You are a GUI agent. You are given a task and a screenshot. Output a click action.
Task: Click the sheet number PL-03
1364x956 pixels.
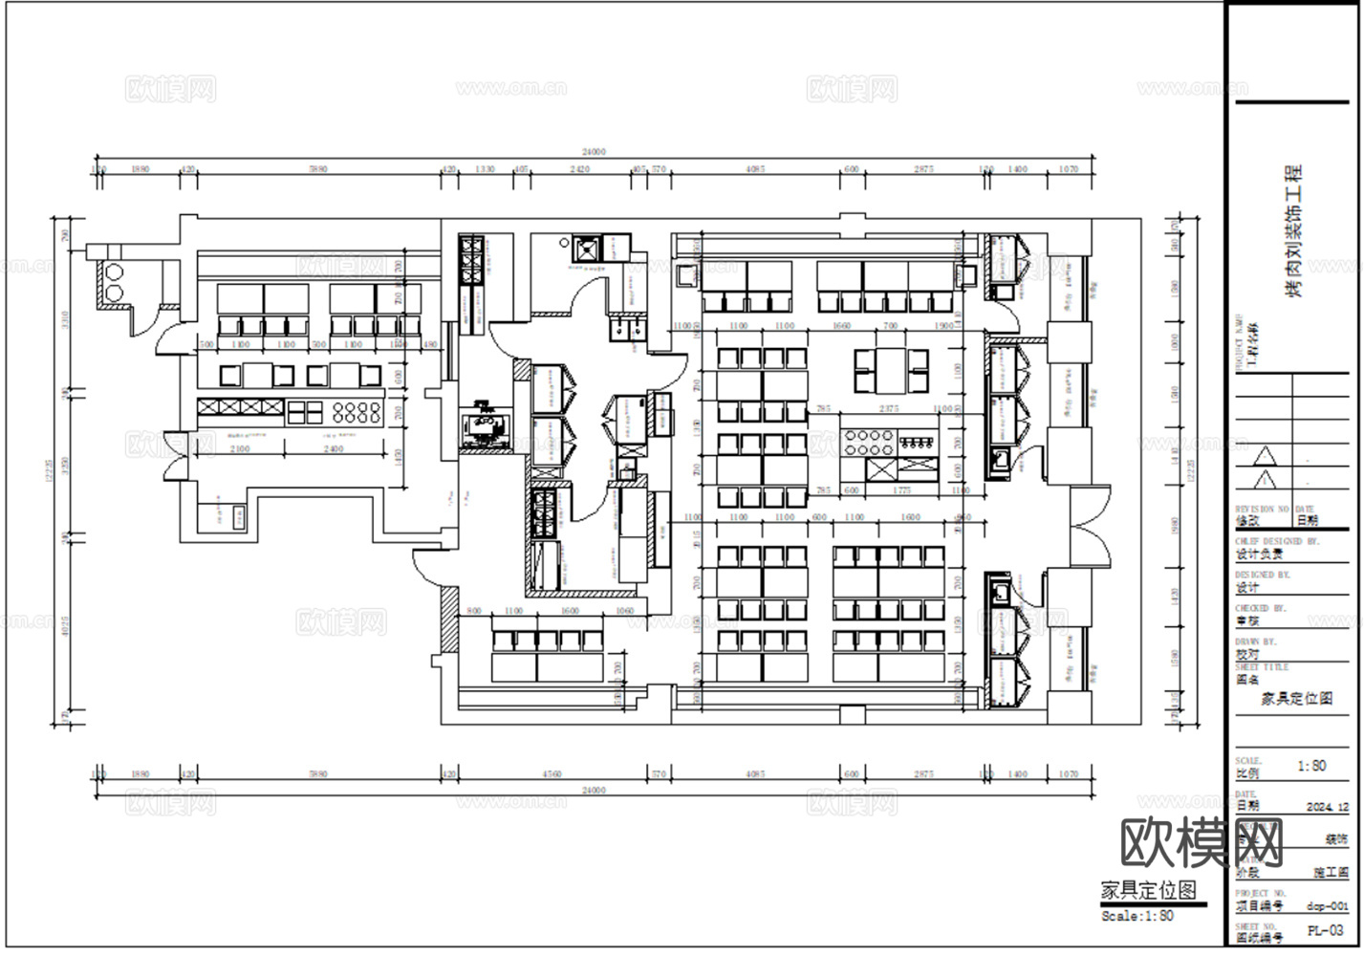pos(1329,930)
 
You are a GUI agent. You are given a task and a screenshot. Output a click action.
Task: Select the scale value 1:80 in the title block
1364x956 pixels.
pos(1311,766)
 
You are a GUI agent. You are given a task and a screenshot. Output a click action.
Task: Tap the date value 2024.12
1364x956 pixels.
pos(1327,807)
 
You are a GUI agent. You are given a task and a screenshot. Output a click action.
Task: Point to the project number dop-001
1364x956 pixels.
pos(1328,905)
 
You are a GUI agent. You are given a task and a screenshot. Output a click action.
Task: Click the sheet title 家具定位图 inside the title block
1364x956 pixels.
pos(1297,699)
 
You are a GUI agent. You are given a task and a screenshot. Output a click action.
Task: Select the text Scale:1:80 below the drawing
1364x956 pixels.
pos(1137,916)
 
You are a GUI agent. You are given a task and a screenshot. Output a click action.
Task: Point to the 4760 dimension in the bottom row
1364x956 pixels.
pos(552,774)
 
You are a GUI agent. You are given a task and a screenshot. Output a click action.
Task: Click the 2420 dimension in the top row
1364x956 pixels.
pos(579,169)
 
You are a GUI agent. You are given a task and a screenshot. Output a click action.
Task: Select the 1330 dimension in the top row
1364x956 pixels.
pos(485,169)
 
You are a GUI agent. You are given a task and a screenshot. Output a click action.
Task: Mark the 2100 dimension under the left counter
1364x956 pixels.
pos(240,448)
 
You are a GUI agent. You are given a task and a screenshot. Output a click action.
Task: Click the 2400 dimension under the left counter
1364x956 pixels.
pos(333,448)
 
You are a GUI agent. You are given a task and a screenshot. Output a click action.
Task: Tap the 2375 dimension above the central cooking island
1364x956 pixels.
pos(888,408)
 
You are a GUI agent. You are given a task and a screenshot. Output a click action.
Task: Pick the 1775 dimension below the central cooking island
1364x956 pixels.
pos(901,490)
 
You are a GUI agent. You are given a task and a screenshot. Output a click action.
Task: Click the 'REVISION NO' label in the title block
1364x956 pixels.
pos(1262,510)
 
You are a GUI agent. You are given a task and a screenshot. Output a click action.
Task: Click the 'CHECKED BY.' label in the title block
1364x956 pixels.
pos(1261,608)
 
